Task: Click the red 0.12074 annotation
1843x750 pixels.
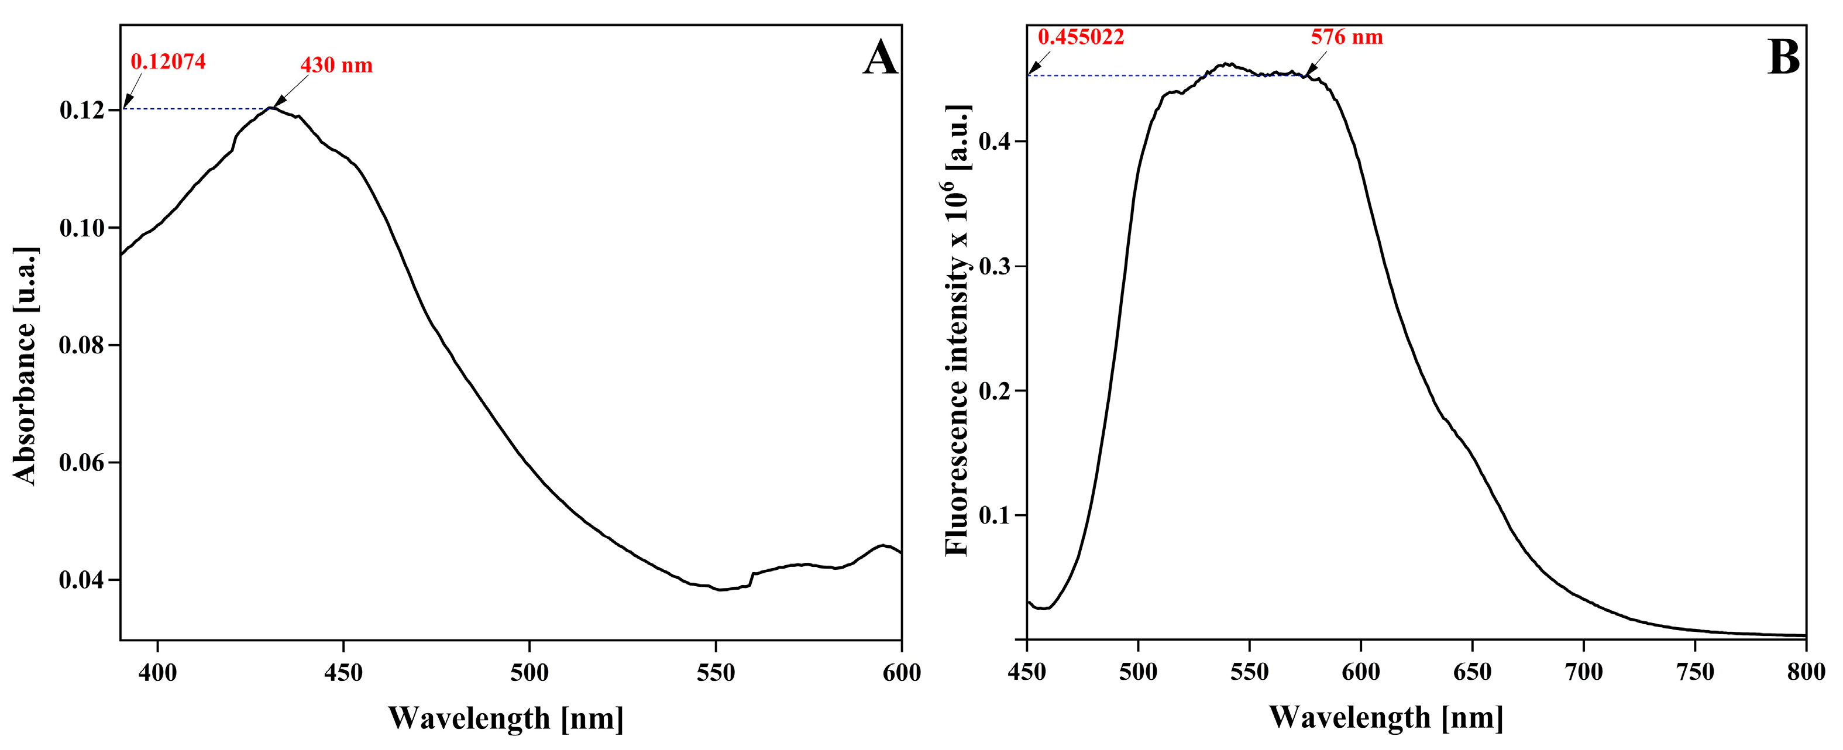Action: point(168,62)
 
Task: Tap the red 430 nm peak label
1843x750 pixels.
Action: point(336,66)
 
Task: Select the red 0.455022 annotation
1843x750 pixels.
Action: point(1081,37)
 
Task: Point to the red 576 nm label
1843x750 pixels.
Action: point(1346,37)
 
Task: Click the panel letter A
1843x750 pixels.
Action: point(879,58)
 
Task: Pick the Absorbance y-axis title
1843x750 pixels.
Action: point(25,366)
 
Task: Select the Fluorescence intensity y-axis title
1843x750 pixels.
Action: point(957,331)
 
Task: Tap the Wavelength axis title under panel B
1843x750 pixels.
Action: point(1386,717)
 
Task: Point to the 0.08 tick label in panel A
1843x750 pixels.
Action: point(81,346)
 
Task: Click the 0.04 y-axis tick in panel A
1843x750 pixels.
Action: point(81,580)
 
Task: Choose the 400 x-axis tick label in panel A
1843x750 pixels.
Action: point(157,673)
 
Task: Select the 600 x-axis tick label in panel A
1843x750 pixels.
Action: point(902,673)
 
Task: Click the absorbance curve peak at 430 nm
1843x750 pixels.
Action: point(271,108)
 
